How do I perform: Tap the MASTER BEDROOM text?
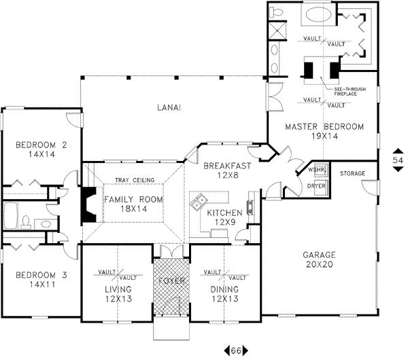(324, 126)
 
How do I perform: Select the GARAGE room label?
(320, 255)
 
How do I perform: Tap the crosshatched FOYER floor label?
(169, 279)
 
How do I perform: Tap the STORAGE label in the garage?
(353, 174)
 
